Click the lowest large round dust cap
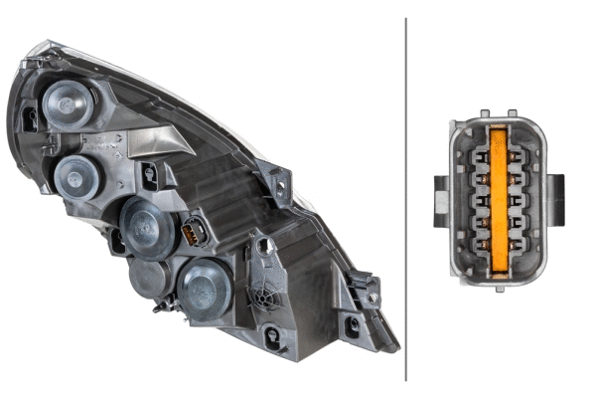pos(205,288)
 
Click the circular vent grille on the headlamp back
pos(265,295)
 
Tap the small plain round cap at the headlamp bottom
pos(147,280)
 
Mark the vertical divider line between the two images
pos(406,199)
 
